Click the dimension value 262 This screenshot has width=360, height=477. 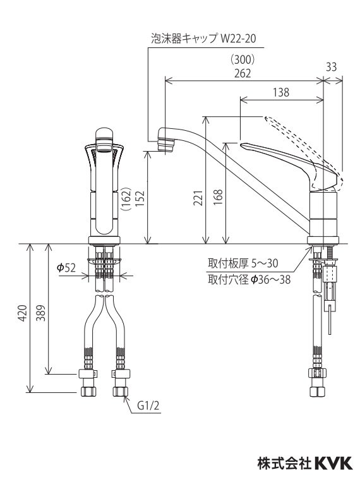click(241, 73)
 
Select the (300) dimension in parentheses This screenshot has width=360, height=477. click(241, 60)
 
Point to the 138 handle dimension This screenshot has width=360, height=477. click(281, 92)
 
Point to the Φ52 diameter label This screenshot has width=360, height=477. click(66, 268)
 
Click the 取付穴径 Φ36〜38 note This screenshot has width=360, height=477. click(249, 279)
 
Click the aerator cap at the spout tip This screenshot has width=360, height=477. click(167, 141)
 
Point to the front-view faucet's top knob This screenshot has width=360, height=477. click(104, 135)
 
